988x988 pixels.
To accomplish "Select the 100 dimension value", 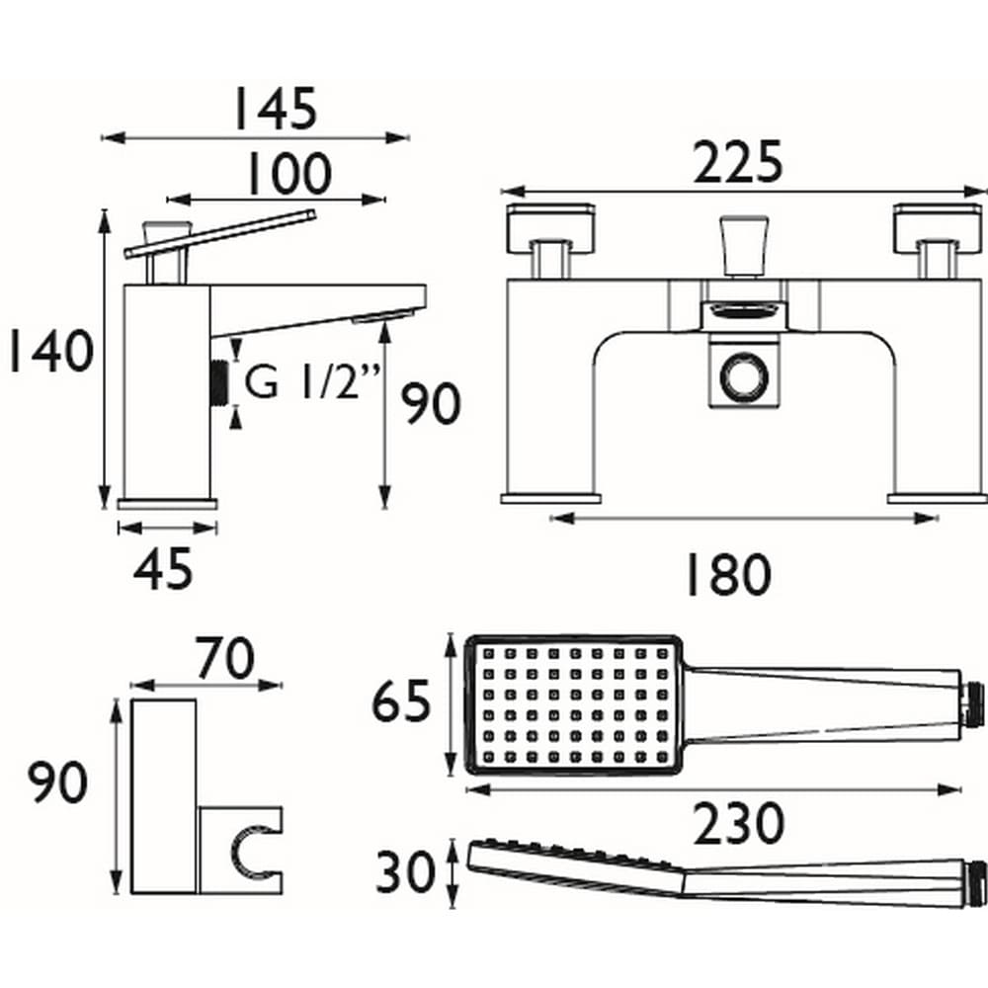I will (288, 176).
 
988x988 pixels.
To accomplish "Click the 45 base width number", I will (163, 570).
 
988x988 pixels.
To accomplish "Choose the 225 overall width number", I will (737, 163).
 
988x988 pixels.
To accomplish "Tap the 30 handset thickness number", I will (404, 872).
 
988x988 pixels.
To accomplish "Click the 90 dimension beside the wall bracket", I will (57, 783).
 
